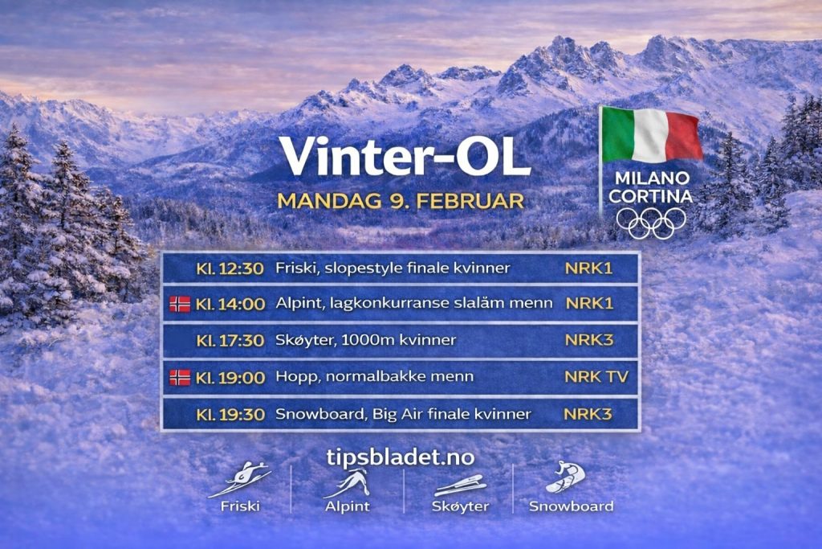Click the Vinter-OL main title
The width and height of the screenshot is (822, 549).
pyautogui.click(x=404, y=157)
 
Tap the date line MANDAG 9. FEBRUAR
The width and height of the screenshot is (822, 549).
pyautogui.click(x=400, y=200)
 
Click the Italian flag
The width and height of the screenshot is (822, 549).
pyautogui.click(x=651, y=134)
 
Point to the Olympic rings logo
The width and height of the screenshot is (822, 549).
pyautogui.click(x=651, y=223)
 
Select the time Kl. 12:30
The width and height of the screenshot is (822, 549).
pyautogui.click(x=230, y=268)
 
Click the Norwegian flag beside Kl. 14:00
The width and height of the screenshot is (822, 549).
pyautogui.click(x=180, y=304)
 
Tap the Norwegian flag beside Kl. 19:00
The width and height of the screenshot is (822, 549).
pyautogui.click(x=180, y=377)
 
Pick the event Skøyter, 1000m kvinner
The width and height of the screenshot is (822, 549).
pyautogui.click(x=365, y=340)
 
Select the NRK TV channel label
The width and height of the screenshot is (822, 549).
pyautogui.click(x=596, y=376)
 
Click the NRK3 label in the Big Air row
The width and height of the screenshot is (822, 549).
pyautogui.click(x=588, y=414)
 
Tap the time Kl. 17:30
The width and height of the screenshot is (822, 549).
pyautogui.click(x=230, y=340)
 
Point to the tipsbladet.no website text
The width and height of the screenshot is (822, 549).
pyautogui.click(x=400, y=457)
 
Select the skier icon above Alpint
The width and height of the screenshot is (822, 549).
pyautogui.click(x=347, y=482)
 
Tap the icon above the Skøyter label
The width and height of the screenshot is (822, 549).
pyautogui.click(x=458, y=485)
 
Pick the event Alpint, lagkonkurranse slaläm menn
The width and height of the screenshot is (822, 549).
pyautogui.click(x=413, y=304)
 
